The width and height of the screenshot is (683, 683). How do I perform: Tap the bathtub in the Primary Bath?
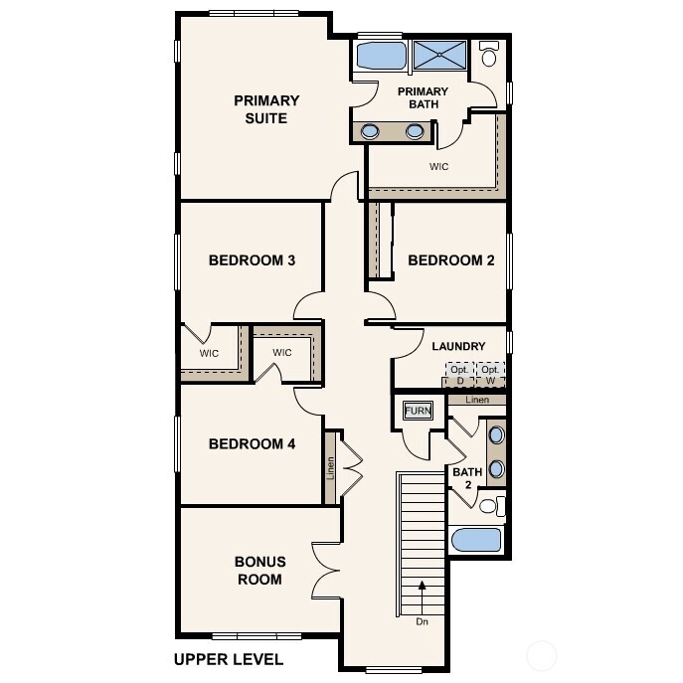[379, 56]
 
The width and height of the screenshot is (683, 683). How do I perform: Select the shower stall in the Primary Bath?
[438, 56]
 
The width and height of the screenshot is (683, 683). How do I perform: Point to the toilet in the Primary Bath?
[489, 56]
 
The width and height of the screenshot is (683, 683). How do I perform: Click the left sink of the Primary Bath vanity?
[370, 130]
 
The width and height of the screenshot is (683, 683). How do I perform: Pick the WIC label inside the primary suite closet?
[438, 167]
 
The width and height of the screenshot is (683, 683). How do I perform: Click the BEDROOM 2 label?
[451, 260]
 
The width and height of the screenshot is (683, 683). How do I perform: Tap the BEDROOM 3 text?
[252, 260]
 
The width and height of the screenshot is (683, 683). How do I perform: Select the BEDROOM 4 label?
[252, 443]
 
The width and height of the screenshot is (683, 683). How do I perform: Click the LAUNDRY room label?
[458, 346]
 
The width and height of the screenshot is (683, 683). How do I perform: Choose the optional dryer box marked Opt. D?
[459, 375]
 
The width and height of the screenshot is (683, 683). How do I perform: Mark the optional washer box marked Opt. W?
[490, 375]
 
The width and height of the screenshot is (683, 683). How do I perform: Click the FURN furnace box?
[415, 410]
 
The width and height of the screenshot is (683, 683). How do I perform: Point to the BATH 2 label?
[467, 479]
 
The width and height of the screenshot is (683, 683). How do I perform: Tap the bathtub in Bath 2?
[477, 540]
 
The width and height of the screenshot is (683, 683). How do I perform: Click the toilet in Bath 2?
[488, 506]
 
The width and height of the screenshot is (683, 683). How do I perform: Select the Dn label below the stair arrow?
[424, 623]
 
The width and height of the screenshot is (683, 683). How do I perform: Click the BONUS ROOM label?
[258, 570]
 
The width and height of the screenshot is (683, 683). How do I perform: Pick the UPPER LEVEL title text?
[228, 659]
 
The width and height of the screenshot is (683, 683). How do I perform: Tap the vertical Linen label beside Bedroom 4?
[331, 468]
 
